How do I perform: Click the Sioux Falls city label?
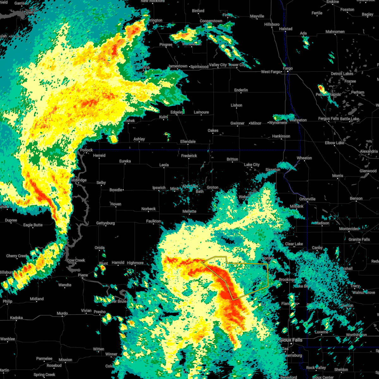pyautogui.click(x=292, y=340)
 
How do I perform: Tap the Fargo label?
pyautogui.click(x=288, y=68)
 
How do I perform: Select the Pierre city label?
pyautogui.click(x=83, y=275)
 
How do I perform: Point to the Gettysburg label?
pyautogui.click(x=105, y=223)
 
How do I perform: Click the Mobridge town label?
pyautogui.click(x=78, y=180)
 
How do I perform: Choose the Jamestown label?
pyautogui.click(x=178, y=66)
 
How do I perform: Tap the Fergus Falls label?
pyautogui.click(x=328, y=119)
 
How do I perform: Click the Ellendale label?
pyautogui.click(x=188, y=141)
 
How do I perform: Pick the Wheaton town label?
pyautogui.click(x=304, y=158)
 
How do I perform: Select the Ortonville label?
pyautogui.click(x=307, y=199)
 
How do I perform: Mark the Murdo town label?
pyautogui.click(x=62, y=313)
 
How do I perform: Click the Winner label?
pyautogui.click(x=111, y=354)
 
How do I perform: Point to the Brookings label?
pyautogui.click(x=287, y=280)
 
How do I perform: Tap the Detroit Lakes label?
pyautogui.click(x=342, y=74)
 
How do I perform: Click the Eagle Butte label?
pyautogui.click(x=33, y=225)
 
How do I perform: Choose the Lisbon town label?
pyautogui.click(x=236, y=105)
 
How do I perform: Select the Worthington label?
pyautogui.click(x=356, y=335)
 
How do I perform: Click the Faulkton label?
pyautogui.click(x=153, y=221)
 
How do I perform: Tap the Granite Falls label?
pyautogui.click(x=359, y=239)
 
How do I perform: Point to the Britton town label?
pyautogui.click(x=232, y=159)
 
